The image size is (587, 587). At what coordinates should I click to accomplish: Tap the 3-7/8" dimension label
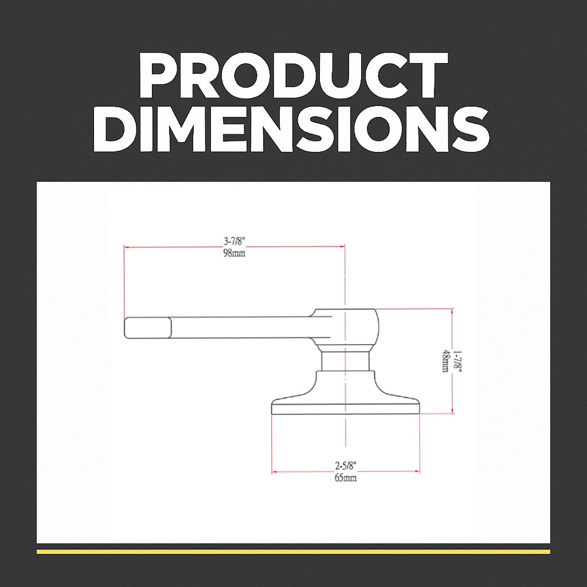234,241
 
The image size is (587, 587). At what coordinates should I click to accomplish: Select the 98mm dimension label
234,253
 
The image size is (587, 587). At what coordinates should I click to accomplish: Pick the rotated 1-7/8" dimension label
457,361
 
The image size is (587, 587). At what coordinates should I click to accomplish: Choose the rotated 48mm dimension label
445,361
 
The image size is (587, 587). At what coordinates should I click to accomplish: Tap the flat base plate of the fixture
345,408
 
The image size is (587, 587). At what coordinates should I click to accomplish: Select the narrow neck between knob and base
345,361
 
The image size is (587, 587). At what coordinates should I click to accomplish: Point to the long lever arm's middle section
241,327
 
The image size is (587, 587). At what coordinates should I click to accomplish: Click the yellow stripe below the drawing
293,551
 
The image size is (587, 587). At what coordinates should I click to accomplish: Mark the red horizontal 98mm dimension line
172,247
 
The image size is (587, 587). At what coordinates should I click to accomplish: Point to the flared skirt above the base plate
345,385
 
